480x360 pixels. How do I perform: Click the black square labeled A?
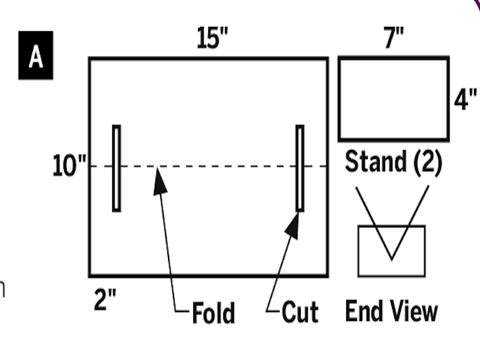coord(36,55)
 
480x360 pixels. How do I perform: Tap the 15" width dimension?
coord(212,38)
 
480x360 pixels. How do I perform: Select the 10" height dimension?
coord(70,166)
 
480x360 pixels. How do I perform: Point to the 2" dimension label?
coord(105,299)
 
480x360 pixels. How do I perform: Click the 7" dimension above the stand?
coord(394,37)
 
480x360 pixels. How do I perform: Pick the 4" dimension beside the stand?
coord(465,99)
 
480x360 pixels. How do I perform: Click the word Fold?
coord(214,313)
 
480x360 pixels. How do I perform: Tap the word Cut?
coord(300,312)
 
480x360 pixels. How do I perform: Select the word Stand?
coord(376,161)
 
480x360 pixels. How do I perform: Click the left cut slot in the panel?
coord(116,168)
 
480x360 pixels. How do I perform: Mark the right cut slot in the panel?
coord(300,168)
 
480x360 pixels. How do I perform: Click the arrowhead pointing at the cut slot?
coord(293,226)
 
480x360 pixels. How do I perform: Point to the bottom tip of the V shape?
coord(392,260)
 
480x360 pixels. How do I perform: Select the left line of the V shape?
coord(374,223)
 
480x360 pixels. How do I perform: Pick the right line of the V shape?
coord(410,223)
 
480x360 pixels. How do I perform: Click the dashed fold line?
coord(209,166)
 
